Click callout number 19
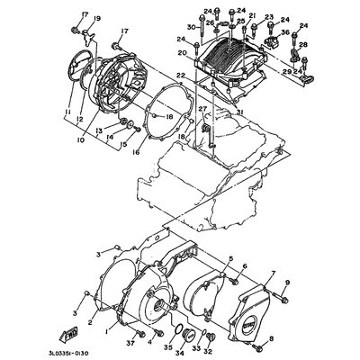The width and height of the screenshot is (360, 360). click(x=98, y=18)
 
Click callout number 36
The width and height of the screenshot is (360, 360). click(x=284, y=33)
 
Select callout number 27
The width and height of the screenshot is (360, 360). click(x=202, y=110)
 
